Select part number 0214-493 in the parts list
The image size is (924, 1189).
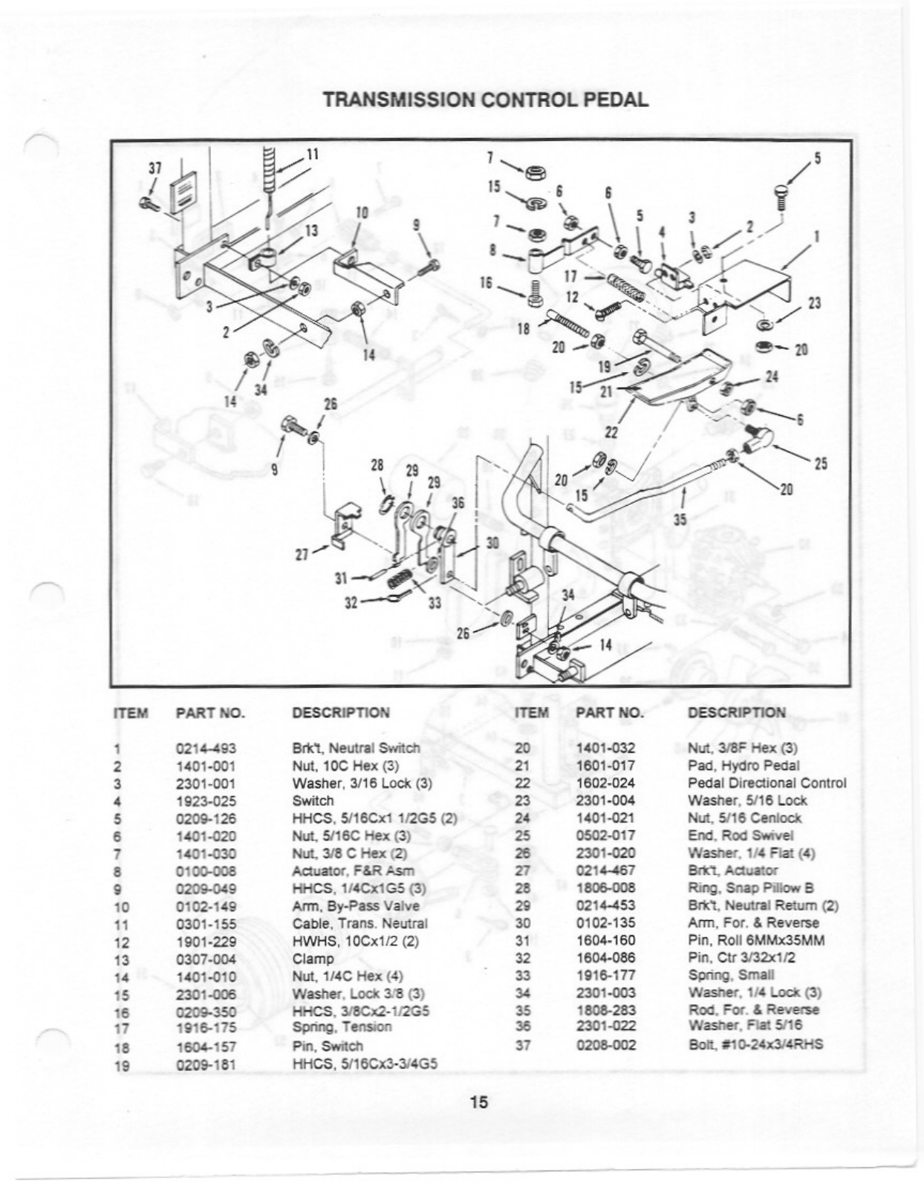click(x=206, y=749)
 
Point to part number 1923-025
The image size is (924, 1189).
click(x=206, y=801)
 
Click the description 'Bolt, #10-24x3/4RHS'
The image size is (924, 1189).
click(x=755, y=1045)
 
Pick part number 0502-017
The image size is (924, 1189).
click(x=605, y=835)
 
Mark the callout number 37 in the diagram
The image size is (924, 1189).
click(x=154, y=168)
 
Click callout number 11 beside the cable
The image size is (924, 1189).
click(x=313, y=154)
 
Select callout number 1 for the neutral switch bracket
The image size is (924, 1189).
click(x=817, y=236)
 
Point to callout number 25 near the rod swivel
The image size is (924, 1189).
click(x=820, y=463)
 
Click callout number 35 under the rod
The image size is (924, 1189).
click(x=680, y=520)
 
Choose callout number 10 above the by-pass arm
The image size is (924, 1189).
click(x=362, y=212)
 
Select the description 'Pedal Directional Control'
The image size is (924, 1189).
click(x=767, y=783)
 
